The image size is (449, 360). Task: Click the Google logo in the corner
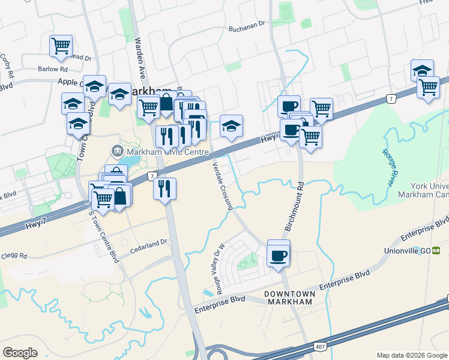pos(20,353)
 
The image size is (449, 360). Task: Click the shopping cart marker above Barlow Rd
pos(61,45)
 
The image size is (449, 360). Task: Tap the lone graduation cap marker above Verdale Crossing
pos(231,126)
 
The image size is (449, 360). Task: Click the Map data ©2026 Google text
pos(412,355)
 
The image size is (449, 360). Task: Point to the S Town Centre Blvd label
pos(104,237)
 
